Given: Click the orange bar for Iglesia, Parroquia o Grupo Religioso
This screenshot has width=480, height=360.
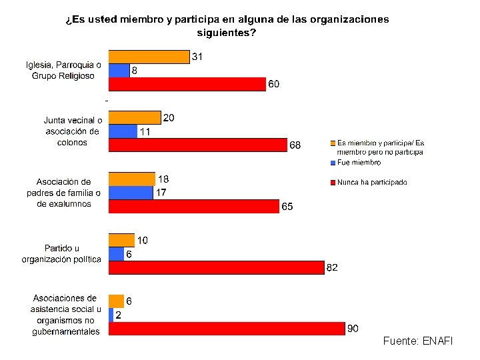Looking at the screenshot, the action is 149,57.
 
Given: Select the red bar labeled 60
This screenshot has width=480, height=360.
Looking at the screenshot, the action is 187,84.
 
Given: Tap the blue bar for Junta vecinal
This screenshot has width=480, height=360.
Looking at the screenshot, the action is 123,131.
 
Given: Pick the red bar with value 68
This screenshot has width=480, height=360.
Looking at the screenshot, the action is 198,145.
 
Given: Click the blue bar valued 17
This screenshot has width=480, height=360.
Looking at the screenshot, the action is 131,193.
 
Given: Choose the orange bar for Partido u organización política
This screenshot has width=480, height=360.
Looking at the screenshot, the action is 122,240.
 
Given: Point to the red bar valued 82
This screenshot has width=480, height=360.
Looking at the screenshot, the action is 217,267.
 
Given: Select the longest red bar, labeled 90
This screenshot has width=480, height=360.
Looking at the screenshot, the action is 227,329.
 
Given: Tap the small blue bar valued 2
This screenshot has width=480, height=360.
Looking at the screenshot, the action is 111,315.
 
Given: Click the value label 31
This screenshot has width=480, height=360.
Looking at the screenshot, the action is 197,57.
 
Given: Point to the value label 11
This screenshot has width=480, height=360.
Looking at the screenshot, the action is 145,131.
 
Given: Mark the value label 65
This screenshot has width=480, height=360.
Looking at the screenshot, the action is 287,206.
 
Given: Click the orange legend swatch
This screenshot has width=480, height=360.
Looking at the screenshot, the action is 333,143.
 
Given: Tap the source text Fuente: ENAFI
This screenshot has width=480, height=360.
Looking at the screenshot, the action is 418,341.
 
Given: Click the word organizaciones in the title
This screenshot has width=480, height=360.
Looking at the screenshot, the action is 349,19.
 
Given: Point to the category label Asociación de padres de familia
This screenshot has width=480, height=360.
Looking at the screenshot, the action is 64,193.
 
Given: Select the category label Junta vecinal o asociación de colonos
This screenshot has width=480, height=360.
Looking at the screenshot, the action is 73,131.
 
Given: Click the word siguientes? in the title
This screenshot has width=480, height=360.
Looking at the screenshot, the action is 227,33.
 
